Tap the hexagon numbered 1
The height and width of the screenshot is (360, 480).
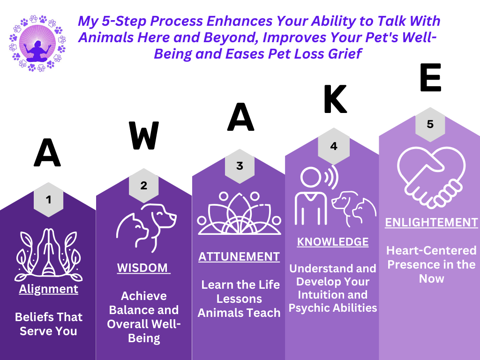click(49, 200)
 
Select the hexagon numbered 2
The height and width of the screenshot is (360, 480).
click(143, 185)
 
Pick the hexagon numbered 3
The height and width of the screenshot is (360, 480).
click(240, 166)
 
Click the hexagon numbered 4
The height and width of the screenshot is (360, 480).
click(334, 146)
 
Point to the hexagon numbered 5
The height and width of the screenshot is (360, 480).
click(430, 125)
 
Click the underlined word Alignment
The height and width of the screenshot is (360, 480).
click(49, 289)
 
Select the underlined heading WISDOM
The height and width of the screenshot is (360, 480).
click(142, 268)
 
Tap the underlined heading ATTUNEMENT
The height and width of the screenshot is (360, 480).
click(239, 256)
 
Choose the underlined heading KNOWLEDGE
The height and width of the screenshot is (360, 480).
click(333, 242)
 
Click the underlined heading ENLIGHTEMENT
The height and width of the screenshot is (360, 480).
click(431, 222)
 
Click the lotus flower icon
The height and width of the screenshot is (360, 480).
click(240, 214)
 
